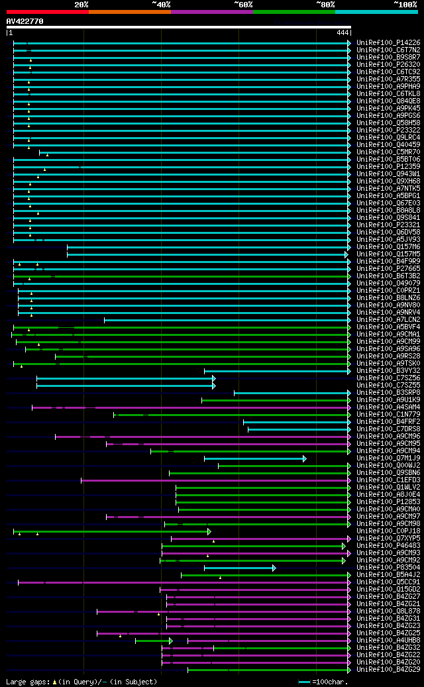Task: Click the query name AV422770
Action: pos(25,21)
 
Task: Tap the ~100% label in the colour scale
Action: pos(405,5)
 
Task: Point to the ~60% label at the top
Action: pos(243,5)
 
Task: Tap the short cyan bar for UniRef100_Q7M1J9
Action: pos(255,458)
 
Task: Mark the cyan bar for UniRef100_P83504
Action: pos(239,568)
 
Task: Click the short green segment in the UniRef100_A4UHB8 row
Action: pos(154,641)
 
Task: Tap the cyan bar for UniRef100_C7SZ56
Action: pos(126,378)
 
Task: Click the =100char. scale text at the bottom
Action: pos(327,682)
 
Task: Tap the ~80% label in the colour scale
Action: pos(325,5)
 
